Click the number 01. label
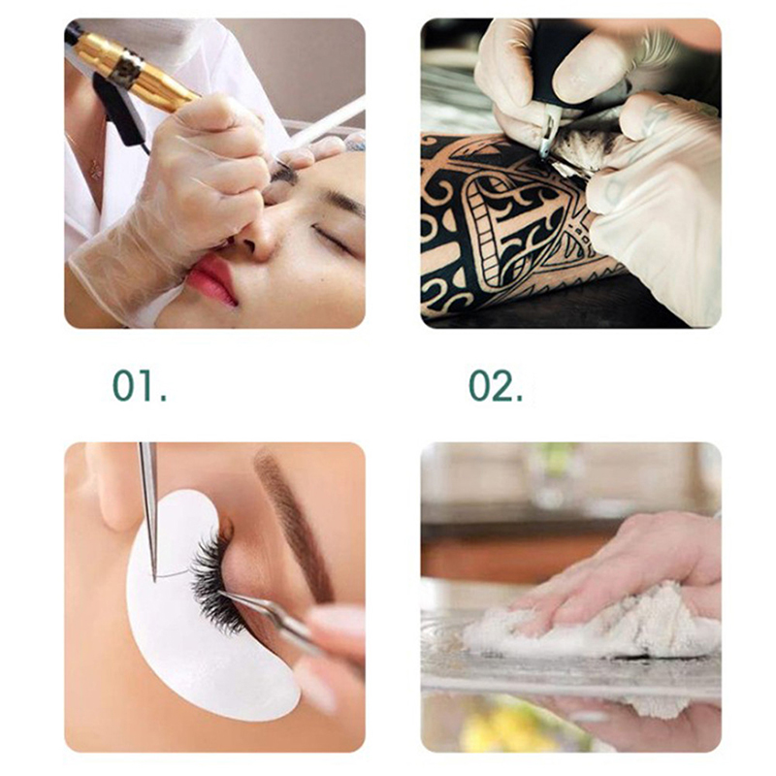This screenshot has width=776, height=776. coord(140,385)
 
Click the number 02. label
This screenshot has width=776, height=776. coord(496,385)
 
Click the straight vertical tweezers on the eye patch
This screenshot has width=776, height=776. coord(149,510)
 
